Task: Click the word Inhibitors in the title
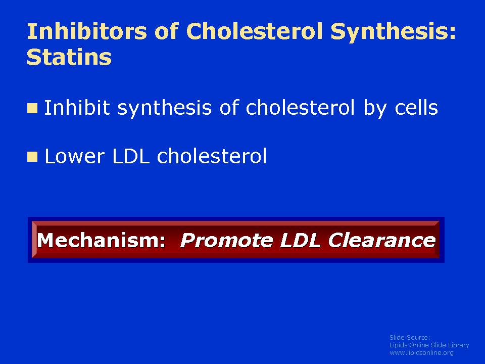[x=87, y=31]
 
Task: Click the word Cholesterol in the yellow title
[x=254, y=31]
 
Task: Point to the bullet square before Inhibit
[x=32, y=108]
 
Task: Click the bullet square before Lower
[x=32, y=157]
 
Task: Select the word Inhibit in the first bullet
[x=77, y=107]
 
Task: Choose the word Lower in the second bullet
[x=75, y=156]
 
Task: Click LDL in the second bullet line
[x=131, y=156]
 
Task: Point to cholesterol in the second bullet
[x=212, y=156]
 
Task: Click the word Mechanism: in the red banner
[x=102, y=240]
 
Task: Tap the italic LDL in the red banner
[x=300, y=240]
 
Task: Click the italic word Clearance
[x=382, y=240]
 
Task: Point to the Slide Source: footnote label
[x=410, y=337]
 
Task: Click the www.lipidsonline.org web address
[x=421, y=352]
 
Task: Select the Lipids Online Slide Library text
[x=429, y=345]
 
